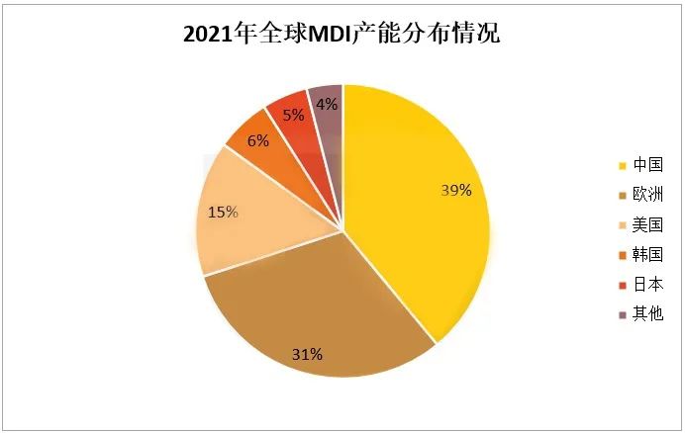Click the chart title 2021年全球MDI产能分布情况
pos(342,37)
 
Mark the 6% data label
pos(257,140)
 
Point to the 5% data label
pos(293,115)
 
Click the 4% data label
pos(328,103)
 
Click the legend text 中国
pos(647,164)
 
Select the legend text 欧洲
pos(647,194)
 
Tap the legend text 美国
pos(647,224)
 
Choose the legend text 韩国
pos(647,254)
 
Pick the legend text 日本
pos(647,285)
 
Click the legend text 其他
pos(647,314)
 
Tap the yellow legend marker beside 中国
pos(622,165)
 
